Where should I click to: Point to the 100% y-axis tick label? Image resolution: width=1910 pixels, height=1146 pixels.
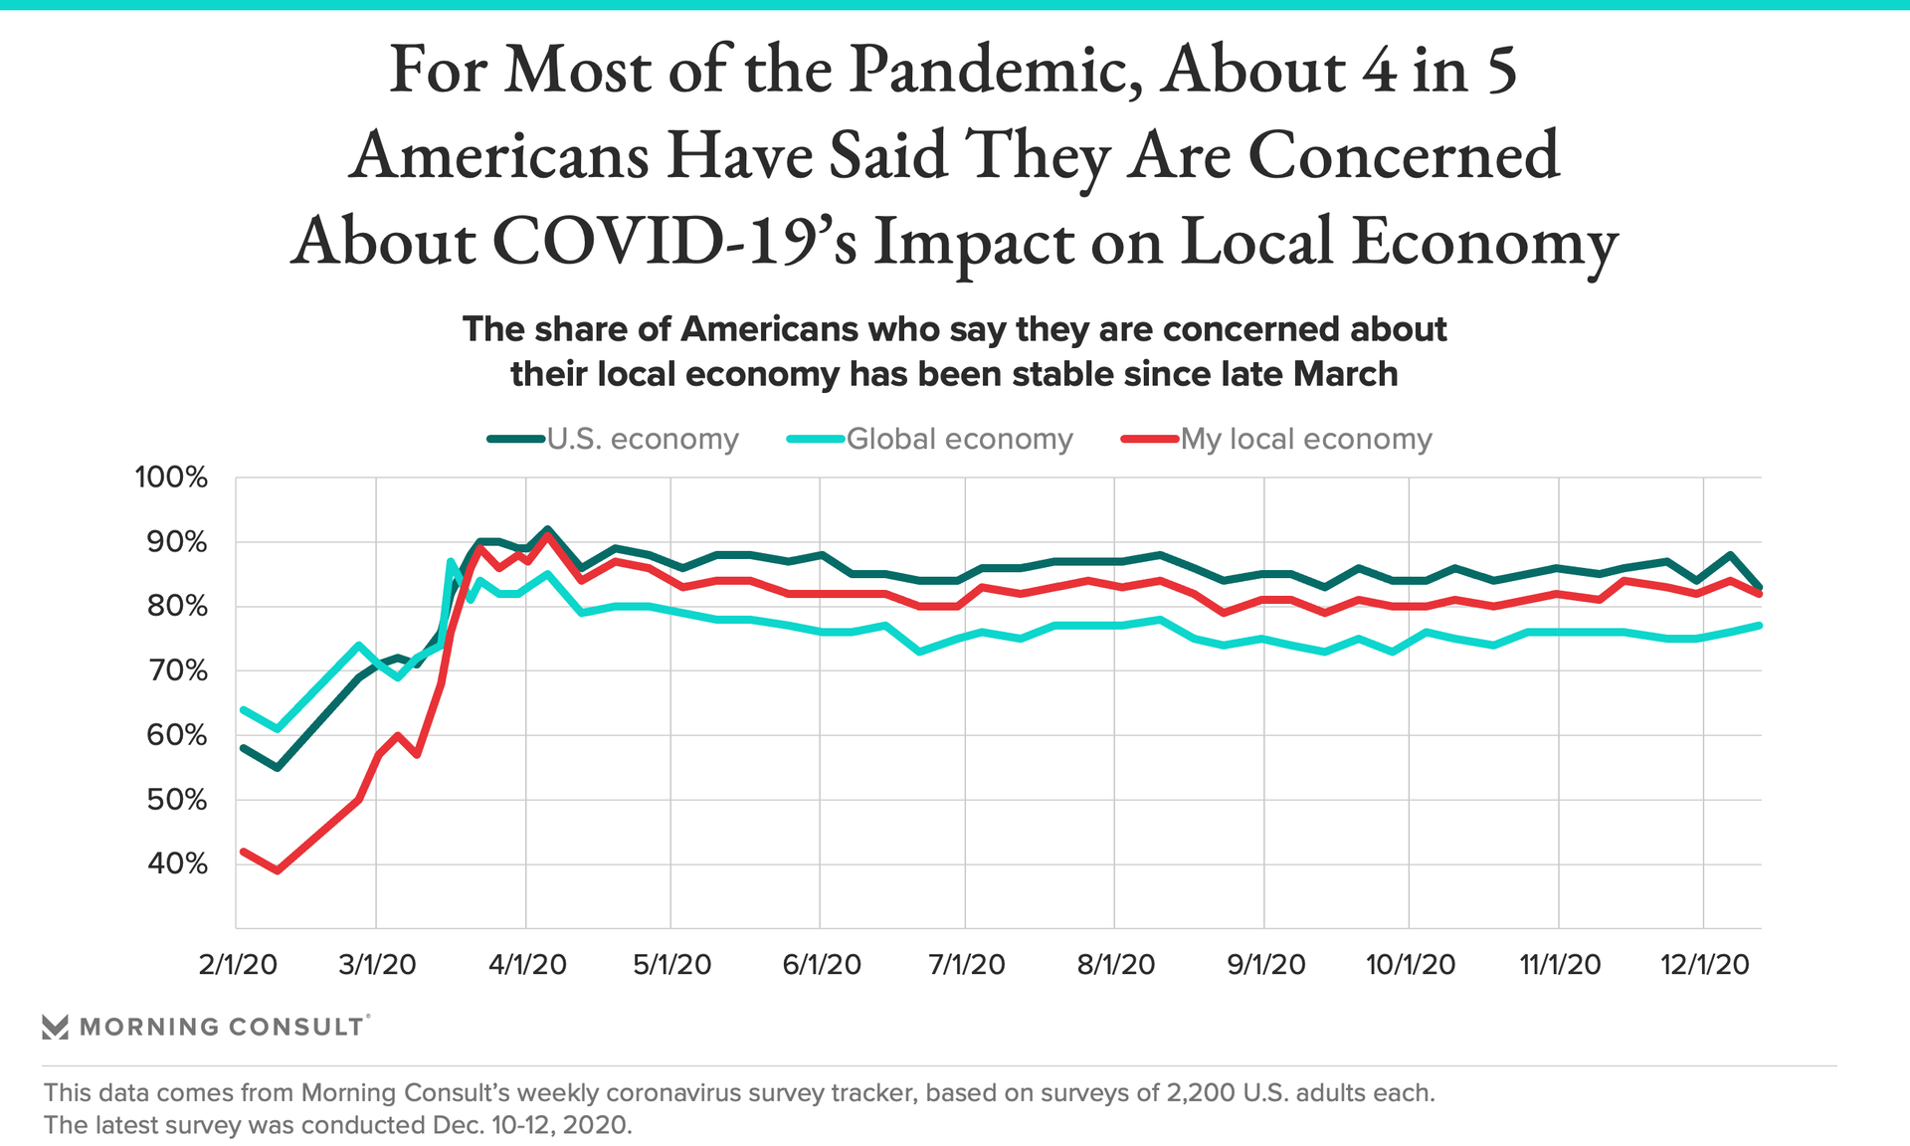(x=171, y=477)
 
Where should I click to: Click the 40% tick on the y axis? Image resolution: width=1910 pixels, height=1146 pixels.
(x=177, y=863)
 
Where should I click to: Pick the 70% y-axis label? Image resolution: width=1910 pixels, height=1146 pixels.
(x=177, y=670)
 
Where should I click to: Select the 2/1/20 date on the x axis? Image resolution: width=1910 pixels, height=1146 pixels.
(x=238, y=964)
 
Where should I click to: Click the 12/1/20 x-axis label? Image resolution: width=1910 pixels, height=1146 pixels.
(x=1704, y=964)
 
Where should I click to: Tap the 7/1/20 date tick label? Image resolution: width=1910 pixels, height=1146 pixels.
(x=966, y=964)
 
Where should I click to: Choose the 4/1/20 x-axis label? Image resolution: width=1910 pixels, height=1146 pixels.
(x=527, y=964)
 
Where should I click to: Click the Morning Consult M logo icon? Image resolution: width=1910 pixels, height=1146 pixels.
(x=55, y=1027)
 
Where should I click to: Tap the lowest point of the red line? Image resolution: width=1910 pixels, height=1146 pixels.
(x=278, y=870)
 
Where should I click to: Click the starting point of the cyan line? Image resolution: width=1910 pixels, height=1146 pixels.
(x=243, y=709)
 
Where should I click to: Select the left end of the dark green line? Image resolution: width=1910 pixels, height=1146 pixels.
(x=243, y=747)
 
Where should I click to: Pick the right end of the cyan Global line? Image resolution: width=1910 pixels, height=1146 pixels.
(x=1760, y=625)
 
